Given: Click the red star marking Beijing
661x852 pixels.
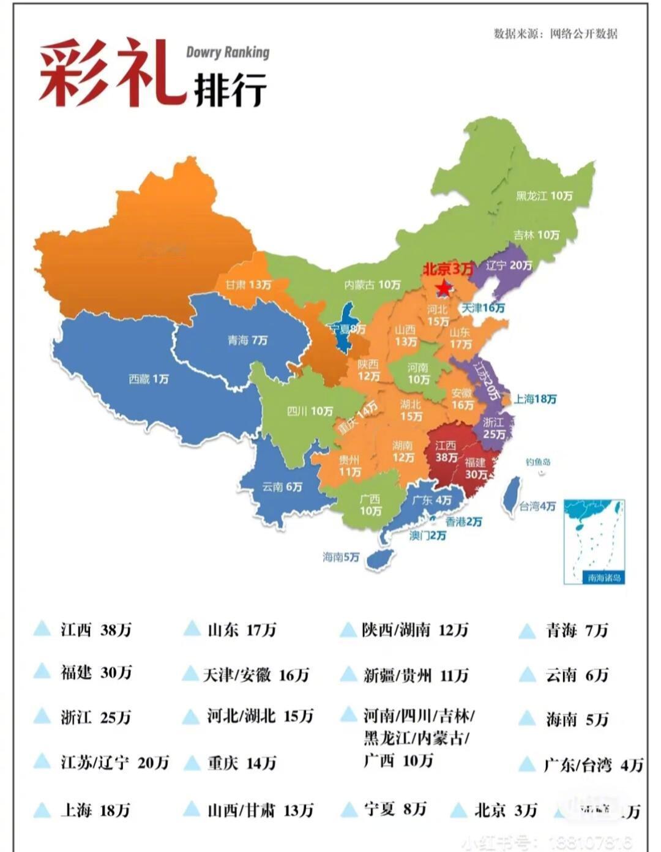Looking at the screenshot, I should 443,287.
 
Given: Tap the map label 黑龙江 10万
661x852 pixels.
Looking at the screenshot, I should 544,196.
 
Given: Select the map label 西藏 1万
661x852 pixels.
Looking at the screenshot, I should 149,379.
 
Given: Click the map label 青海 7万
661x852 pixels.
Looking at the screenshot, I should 247,340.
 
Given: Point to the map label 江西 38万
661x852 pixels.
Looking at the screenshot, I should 446,452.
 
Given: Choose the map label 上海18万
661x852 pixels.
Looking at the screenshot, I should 535,399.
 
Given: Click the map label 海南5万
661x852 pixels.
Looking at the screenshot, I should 341,557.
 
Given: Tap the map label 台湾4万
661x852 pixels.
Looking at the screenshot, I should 537,506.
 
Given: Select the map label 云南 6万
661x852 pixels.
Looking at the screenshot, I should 282,487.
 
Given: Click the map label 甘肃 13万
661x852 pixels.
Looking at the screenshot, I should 248,285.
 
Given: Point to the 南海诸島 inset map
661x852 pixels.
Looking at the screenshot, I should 594,541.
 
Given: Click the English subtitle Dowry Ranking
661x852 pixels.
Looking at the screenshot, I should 228,52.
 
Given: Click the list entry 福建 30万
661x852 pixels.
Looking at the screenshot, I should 96,673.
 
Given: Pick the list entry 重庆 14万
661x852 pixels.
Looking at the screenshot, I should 242,763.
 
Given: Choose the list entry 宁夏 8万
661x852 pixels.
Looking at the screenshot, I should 395,809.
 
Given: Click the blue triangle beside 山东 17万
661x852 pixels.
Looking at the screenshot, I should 192,629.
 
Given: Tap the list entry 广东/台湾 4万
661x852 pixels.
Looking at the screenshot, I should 593,765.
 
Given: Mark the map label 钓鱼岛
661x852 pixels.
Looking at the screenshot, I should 538,462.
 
